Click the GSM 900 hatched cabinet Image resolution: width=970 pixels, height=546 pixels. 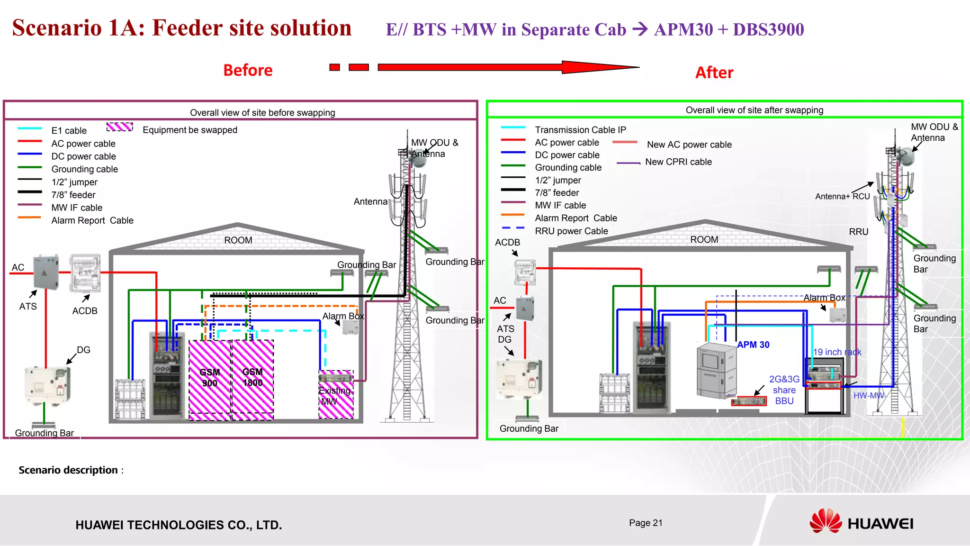(x=210, y=379)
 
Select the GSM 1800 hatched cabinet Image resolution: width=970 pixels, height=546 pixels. (x=252, y=379)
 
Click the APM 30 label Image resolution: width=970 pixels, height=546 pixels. (x=753, y=345)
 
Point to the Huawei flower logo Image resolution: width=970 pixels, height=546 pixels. (x=826, y=521)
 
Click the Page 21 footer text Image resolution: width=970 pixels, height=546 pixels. (x=646, y=523)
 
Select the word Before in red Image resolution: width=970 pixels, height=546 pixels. (x=248, y=70)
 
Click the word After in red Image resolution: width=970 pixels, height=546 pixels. (x=714, y=73)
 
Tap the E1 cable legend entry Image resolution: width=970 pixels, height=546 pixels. (x=69, y=130)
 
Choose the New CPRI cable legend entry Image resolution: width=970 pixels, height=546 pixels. (x=678, y=162)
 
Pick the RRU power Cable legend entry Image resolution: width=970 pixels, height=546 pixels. (x=571, y=231)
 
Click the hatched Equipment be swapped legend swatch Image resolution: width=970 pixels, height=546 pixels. (x=119, y=127)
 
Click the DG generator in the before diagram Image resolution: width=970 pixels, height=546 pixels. (x=47, y=385)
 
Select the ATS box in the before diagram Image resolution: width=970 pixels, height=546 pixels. (x=46, y=272)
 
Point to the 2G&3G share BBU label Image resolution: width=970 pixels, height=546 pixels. (x=784, y=390)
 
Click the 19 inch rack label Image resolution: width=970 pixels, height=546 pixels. (x=837, y=352)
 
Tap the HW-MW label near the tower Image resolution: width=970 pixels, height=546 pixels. (x=868, y=396)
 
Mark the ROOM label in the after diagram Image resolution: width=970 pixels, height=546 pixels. (x=704, y=240)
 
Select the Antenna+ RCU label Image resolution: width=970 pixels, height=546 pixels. (x=842, y=197)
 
